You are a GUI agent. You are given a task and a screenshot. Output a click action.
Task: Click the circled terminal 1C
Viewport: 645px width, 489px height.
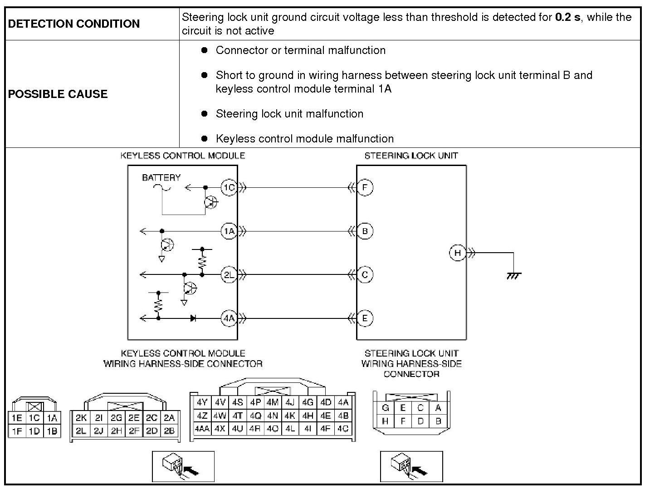229,187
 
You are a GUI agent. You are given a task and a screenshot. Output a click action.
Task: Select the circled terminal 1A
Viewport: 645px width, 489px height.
229,231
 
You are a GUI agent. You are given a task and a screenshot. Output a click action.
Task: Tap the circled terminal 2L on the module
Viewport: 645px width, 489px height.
229,275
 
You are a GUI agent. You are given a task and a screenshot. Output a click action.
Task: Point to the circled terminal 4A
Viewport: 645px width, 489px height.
229,318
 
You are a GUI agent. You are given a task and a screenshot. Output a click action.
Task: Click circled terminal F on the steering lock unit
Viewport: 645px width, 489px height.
365,187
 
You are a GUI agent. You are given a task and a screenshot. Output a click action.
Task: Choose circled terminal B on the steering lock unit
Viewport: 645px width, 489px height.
365,231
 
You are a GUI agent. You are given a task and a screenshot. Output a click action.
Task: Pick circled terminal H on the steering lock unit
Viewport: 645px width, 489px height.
457,253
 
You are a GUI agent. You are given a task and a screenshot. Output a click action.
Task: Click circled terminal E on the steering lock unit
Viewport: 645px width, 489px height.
365,318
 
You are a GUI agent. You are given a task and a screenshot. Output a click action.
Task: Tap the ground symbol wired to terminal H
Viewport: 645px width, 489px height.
513,275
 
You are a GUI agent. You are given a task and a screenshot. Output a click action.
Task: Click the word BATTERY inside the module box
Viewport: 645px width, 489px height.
161,177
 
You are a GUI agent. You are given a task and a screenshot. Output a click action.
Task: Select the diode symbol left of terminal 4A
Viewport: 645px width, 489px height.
193,318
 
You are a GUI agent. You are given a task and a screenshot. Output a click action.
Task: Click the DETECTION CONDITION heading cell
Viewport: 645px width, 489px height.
74,24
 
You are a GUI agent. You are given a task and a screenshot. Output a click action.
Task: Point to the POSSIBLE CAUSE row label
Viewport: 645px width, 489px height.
58,94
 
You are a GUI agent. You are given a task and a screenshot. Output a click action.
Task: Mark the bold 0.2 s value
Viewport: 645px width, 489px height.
567,17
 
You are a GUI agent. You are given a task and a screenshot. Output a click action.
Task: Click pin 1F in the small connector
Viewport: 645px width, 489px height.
17,431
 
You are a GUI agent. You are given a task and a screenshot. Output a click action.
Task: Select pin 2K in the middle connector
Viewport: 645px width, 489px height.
81,418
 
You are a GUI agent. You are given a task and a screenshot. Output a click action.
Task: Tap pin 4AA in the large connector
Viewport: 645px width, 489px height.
202,428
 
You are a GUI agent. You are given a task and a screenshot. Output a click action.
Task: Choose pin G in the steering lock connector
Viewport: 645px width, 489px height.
385,408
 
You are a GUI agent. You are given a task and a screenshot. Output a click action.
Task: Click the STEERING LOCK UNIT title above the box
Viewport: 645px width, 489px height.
411,156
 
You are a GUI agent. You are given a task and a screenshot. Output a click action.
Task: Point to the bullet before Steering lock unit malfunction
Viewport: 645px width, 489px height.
205,113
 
